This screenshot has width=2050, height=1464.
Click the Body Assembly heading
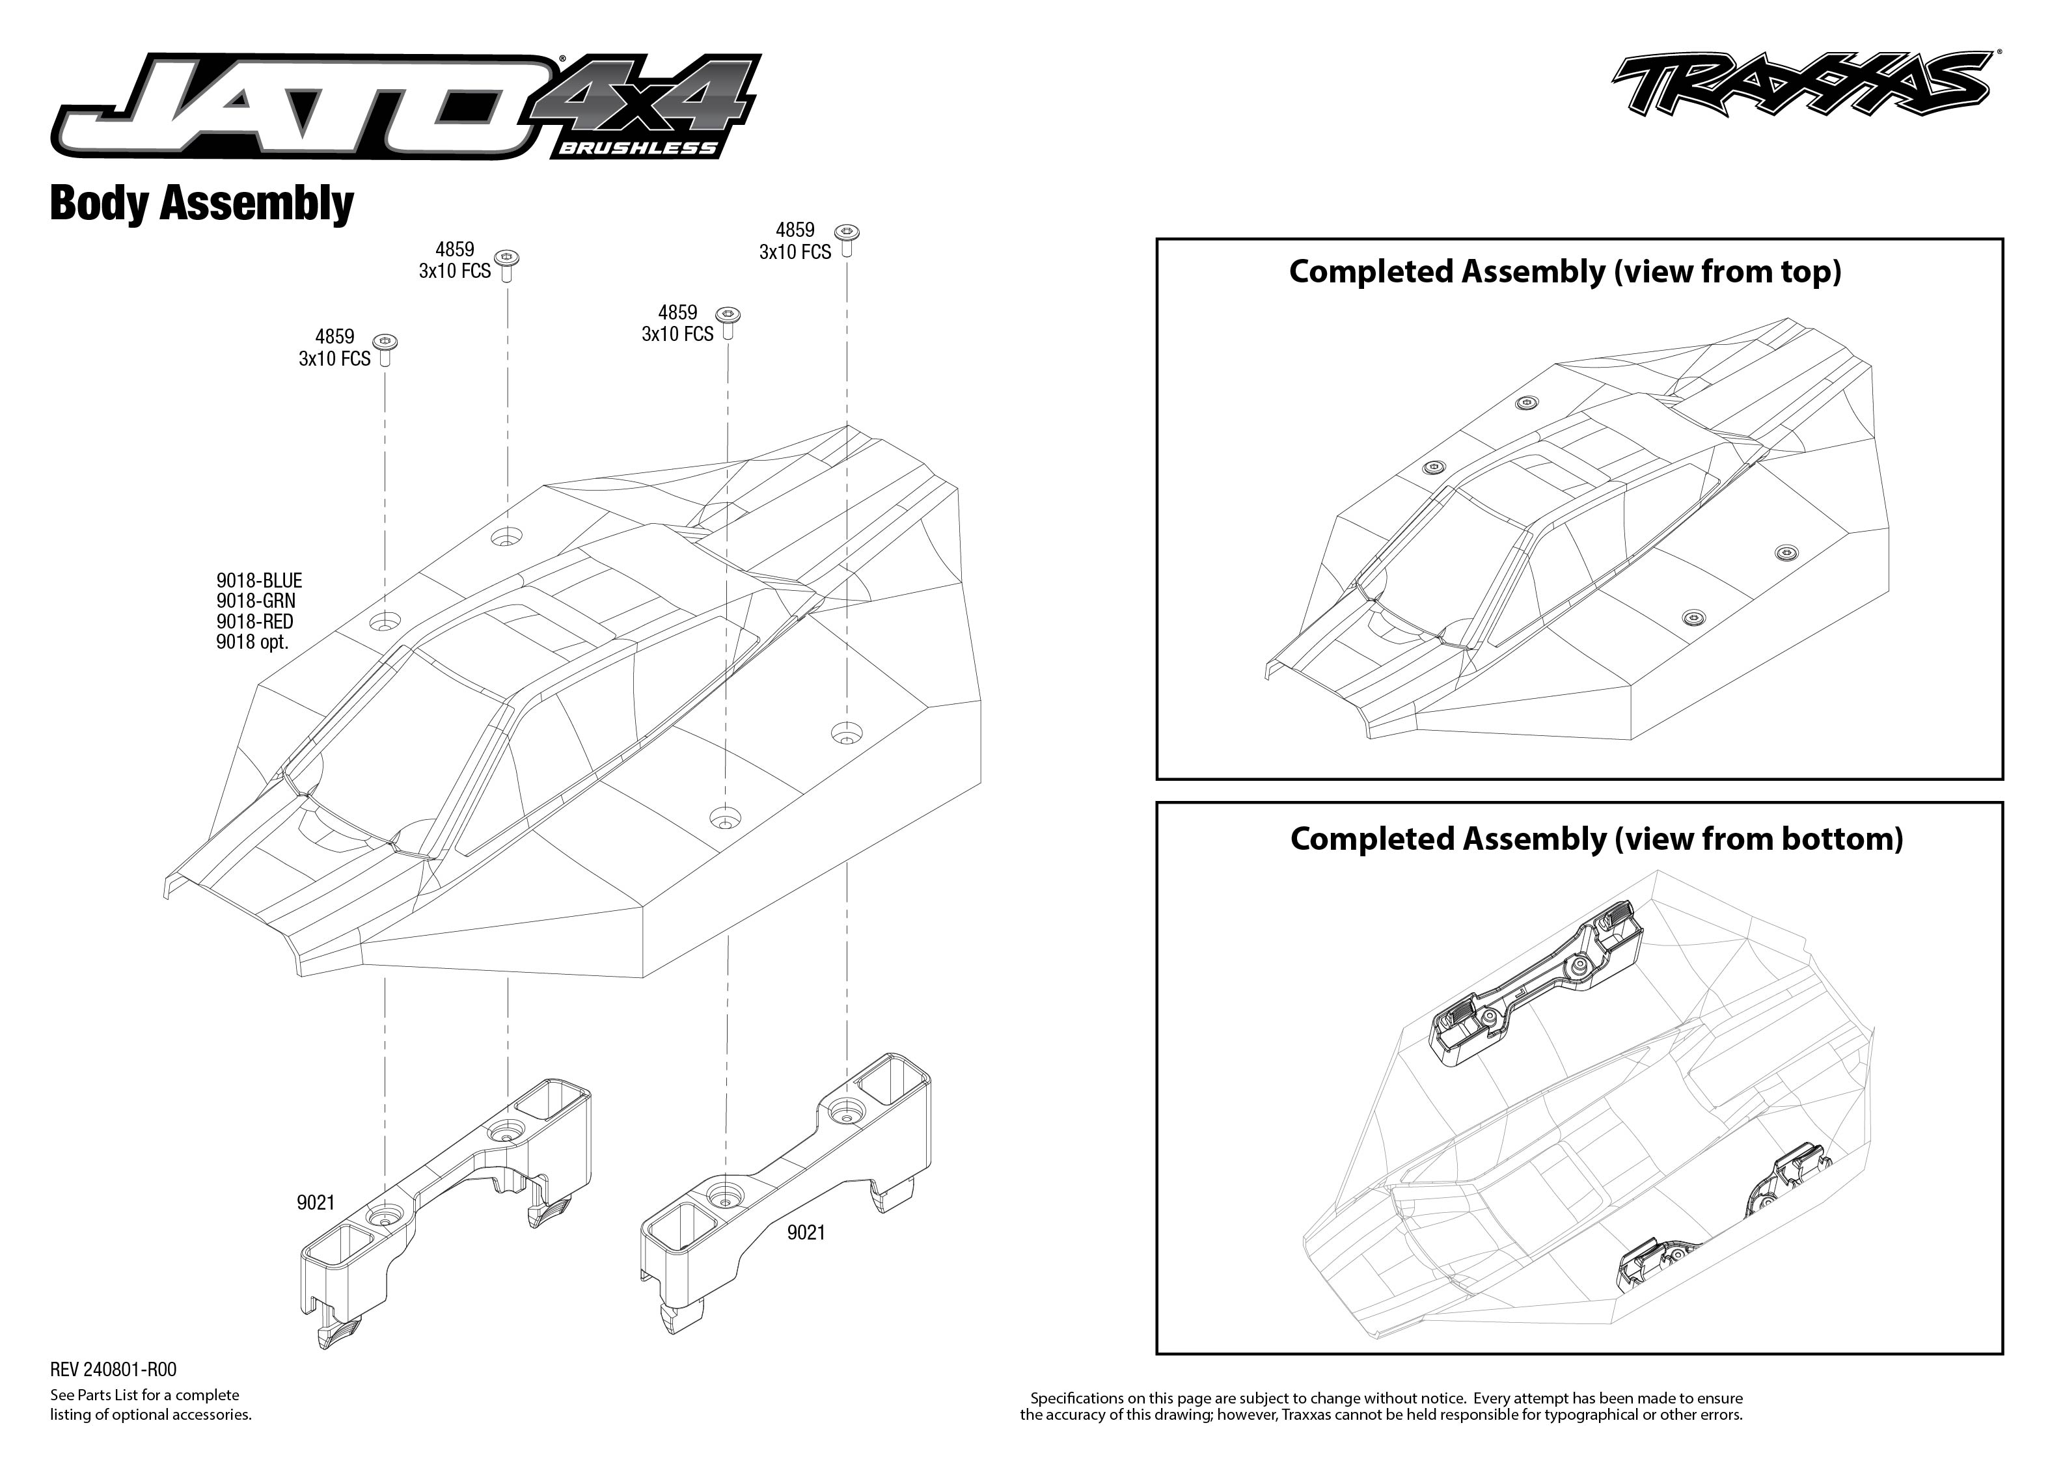coord(202,203)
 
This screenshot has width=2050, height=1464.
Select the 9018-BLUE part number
coord(259,580)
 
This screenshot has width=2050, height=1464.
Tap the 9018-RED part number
coord(254,621)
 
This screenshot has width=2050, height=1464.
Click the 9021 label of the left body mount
coord(316,1202)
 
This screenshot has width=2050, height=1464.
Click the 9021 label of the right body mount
coord(806,1232)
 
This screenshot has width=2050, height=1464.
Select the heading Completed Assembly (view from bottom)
coord(1596,838)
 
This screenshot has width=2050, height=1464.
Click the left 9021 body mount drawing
coord(451,1199)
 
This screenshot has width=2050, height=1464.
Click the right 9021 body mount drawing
coord(784,1172)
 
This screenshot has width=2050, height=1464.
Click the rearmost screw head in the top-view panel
coord(1525,403)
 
